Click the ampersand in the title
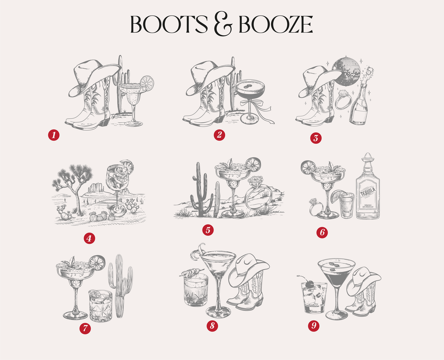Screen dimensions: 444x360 point(223,24)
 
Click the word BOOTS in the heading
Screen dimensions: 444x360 point(169,24)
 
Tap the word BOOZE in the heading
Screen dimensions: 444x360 point(276,24)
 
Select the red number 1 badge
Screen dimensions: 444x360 point(54,135)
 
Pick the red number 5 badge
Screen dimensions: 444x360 point(208,230)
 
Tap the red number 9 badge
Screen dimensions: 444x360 point(314,326)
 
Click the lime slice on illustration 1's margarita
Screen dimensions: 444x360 point(147,83)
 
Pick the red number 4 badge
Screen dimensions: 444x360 point(90,238)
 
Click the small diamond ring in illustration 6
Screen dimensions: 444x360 point(315,209)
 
